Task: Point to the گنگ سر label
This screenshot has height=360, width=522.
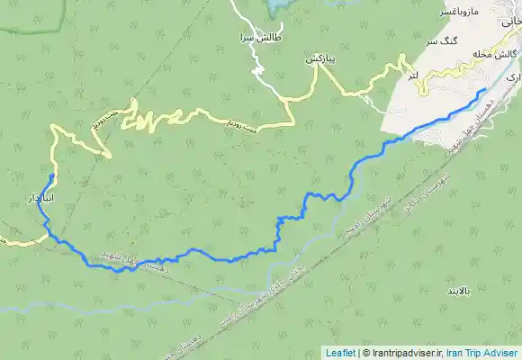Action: (x=445, y=42)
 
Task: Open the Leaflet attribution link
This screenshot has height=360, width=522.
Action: (x=339, y=353)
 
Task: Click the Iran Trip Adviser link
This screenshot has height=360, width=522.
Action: (x=481, y=353)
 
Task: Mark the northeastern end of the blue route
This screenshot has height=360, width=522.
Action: (x=487, y=89)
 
